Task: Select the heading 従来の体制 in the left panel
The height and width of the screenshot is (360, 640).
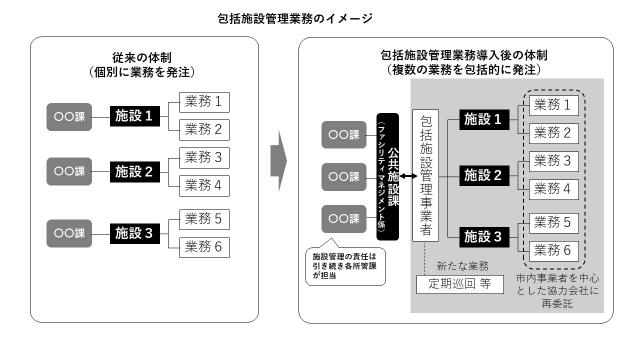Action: pos(139,57)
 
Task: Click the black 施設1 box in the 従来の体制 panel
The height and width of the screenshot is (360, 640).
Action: pos(135,115)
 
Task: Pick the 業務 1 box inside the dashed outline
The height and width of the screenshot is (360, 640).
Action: pos(553,105)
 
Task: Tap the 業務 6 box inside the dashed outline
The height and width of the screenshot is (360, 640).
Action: pos(553,249)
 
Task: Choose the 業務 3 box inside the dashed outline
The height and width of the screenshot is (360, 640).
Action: pos(553,162)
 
